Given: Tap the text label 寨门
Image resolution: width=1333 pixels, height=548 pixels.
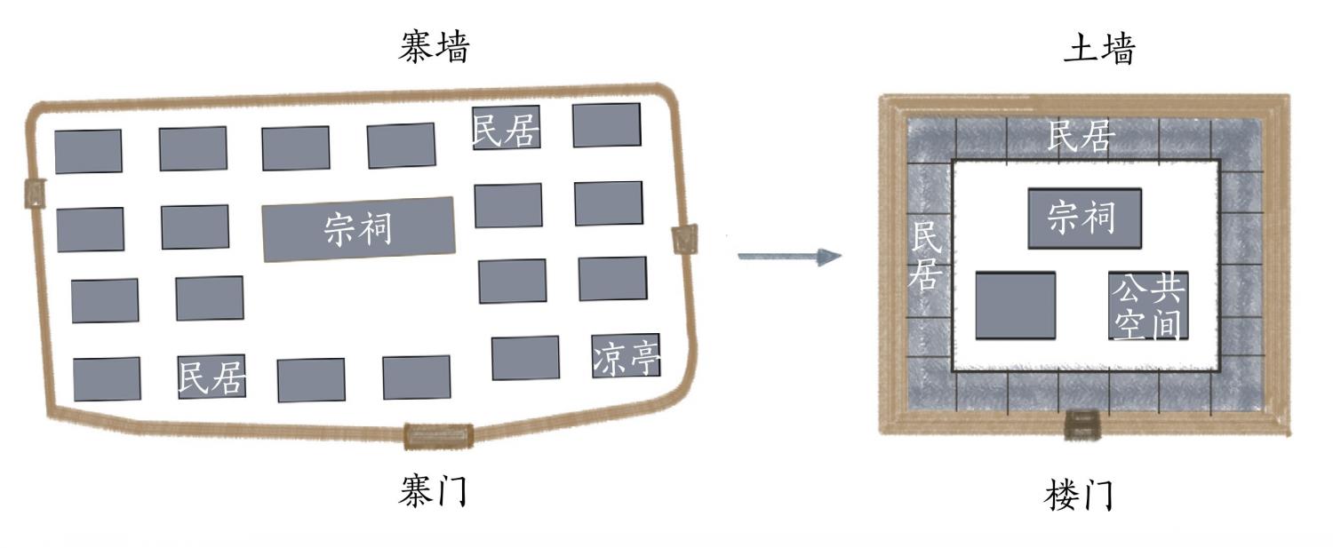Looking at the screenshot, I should [432, 490].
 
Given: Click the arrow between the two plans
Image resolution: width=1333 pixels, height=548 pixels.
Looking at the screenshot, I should [789, 258].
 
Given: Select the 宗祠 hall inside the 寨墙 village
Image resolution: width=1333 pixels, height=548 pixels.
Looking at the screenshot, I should [359, 229].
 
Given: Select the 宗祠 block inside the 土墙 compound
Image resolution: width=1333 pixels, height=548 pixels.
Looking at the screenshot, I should [1084, 218].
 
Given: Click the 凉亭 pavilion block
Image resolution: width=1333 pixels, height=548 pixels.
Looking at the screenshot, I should [626, 356].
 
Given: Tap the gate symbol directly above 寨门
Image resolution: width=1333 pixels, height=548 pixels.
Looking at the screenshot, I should [438, 435].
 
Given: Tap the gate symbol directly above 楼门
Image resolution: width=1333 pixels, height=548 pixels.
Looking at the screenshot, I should [1082, 424].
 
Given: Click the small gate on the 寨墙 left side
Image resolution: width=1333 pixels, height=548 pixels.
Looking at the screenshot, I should [35, 193].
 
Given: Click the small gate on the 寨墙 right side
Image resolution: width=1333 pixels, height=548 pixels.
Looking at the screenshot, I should [685, 239].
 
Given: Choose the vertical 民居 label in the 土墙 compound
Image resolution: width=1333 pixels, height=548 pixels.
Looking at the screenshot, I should [925, 258].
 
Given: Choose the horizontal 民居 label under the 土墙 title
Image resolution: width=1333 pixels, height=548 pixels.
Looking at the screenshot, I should [1080, 137].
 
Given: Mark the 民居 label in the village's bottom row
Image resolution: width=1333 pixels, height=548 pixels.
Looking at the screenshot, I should [212, 377].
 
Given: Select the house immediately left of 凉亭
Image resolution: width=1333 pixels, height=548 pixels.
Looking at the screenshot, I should [525, 358].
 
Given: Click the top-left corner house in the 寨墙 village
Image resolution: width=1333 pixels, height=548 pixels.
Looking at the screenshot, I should [88, 151].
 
